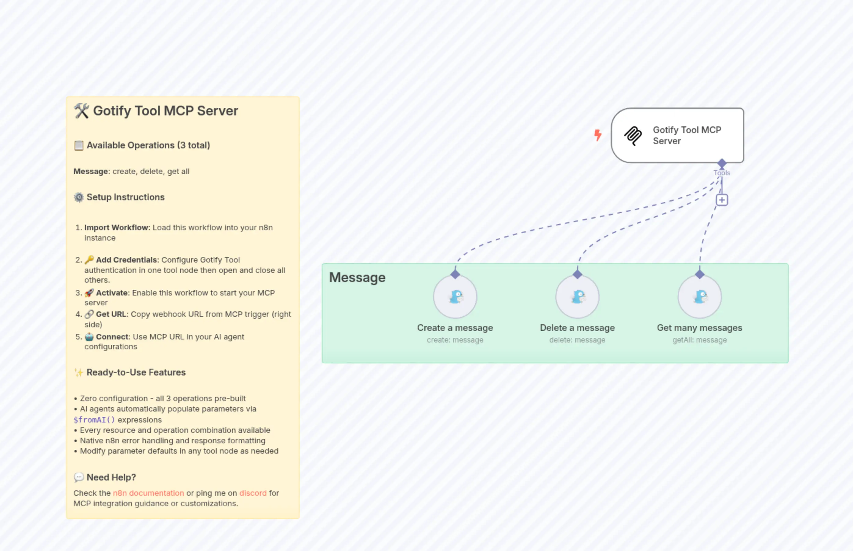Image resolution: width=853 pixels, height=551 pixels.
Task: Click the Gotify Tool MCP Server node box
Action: pos(677,135)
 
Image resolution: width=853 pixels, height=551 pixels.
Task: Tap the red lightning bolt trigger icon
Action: pos(597,135)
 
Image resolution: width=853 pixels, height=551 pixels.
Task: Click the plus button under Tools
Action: pos(722,200)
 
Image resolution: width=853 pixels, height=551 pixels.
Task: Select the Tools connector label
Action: pos(722,173)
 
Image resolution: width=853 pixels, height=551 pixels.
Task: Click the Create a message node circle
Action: pos(455,297)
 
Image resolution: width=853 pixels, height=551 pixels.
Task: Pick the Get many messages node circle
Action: pos(699,297)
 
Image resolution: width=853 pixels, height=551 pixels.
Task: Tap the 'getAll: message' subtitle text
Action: pos(699,340)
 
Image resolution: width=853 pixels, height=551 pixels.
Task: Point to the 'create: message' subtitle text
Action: pos(455,340)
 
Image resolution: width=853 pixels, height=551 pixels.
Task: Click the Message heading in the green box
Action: pos(357,278)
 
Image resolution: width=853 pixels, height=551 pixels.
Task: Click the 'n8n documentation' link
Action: pos(148,493)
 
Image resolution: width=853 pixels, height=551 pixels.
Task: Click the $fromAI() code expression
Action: pos(94,420)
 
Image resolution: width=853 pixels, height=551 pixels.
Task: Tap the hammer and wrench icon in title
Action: pos(81,111)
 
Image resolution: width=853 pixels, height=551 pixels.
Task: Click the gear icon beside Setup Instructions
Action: pos(79,197)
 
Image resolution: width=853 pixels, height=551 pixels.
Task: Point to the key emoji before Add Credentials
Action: pos(89,259)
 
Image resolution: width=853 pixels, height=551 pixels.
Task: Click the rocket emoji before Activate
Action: pos(89,293)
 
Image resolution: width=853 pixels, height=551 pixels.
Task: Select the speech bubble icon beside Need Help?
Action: pos(79,477)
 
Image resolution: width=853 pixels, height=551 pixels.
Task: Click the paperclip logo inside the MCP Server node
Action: pos(633,135)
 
